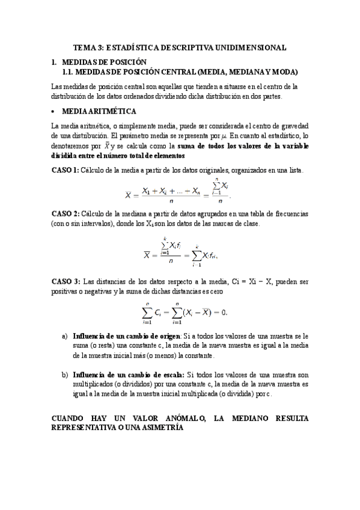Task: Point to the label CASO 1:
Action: click(66, 170)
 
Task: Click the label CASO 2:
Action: click(66, 214)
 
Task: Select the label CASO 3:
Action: click(66, 281)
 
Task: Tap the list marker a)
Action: click(65, 336)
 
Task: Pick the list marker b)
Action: click(65, 374)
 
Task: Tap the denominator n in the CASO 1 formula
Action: click(172, 201)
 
